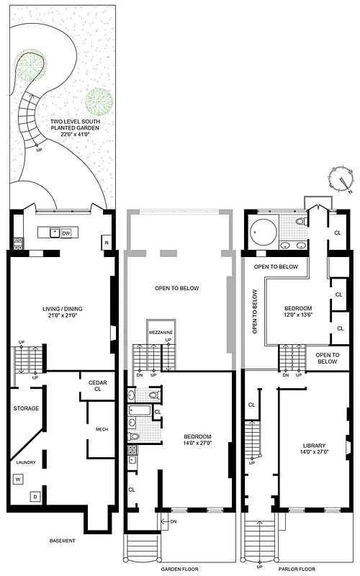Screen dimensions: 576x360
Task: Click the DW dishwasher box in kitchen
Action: pos(66,233)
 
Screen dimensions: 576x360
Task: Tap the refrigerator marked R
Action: pos(106,243)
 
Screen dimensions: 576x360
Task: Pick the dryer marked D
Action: pos(33,497)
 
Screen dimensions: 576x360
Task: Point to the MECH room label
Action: pos(102,430)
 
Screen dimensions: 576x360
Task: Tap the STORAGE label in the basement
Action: pos(26,408)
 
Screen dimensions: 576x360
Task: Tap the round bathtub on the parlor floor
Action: pos(261,232)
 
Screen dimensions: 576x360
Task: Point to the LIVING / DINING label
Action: pos(63,310)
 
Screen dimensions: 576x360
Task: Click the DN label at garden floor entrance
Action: pos(174,521)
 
